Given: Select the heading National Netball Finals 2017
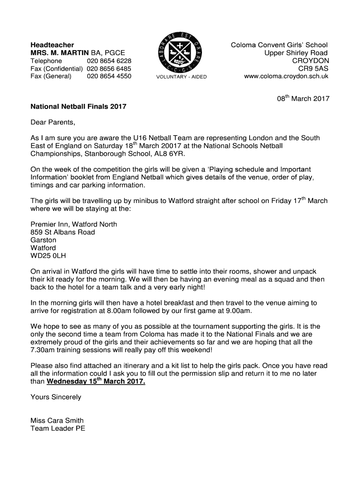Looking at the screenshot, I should pyautogui.click(x=78, y=107).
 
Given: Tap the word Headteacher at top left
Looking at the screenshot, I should pyautogui.click(x=52, y=44).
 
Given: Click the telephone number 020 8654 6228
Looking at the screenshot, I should pyautogui.click(x=109, y=61).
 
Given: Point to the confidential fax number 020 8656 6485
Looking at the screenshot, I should pyautogui.click(x=109, y=68).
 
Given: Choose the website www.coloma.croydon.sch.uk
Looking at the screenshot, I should pyautogui.click(x=286, y=76).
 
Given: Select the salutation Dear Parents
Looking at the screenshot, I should pyautogui.click(x=52, y=123).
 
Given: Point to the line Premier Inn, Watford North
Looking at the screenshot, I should pyautogui.click(x=74, y=224).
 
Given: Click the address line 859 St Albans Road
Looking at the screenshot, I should pyautogui.click(x=63, y=232).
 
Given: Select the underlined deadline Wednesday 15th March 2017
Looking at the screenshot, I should pyautogui.click(x=96, y=382).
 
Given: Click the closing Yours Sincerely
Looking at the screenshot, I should pyautogui.click(x=56, y=397).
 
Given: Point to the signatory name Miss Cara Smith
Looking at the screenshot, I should pyautogui.click(x=57, y=420).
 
